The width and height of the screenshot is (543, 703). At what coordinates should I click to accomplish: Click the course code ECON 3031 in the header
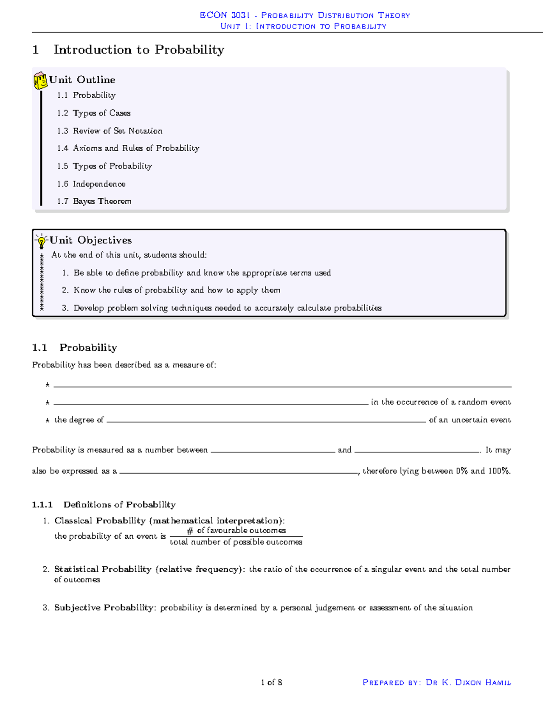pyautogui.click(x=225, y=15)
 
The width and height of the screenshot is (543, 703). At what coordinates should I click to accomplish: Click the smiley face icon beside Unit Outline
pyautogui.click(x=40, y=81)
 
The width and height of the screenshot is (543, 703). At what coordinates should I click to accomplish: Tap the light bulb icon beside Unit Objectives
pyautogui.click(x=42, y=241)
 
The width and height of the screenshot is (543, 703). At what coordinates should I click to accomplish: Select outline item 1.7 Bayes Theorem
pyautogui.click(x=94, y=201)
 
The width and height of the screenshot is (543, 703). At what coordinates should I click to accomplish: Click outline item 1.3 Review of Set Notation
pyautogui.click(x=110, y=131)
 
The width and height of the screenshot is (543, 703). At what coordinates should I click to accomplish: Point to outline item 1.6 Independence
pyautogui.click(x=91, y=184)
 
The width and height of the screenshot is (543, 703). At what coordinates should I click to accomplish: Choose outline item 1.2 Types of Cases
pyautogui.click(x=94, y=113)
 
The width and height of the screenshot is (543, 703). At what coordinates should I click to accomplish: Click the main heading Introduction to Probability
pyautogui.click(x=138, y=50)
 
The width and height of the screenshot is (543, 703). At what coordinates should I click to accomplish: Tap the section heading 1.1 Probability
pyautogui.click(x=75, y=348)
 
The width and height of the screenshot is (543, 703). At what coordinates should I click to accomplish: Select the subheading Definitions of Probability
pyautogui.click(x=119, y=505)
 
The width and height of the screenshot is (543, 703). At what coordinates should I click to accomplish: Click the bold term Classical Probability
pyautogui.click(x=100, y=521)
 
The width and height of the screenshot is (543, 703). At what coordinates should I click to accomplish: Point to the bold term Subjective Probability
pyautogui.click(x=104, y=607)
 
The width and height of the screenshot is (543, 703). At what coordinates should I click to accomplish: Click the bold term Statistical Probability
pyautogui.click(x=103, y=569)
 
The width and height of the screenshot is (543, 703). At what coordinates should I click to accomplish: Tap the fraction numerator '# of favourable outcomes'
pyautogui.click(x=236, y=531)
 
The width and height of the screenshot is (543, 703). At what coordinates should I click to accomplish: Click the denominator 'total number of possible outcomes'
pyautogui.click(x=236, y=542)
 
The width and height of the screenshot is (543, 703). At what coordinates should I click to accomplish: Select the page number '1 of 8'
pyautogui.click(x=271, y=682)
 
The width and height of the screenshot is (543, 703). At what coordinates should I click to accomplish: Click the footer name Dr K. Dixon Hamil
pyautogui.click(x=468, y=682)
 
